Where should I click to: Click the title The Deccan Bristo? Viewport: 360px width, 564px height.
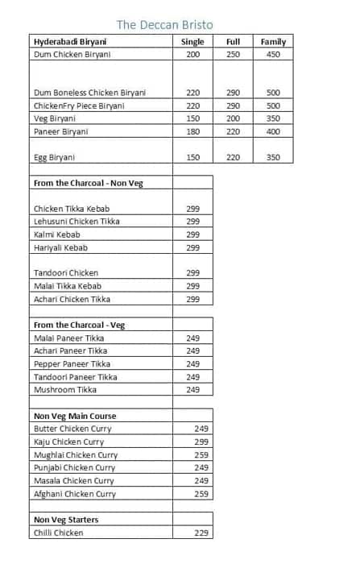tap(165, 25)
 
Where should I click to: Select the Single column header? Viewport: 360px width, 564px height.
tap(192, 41)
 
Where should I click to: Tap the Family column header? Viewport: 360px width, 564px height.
tap(273, 41)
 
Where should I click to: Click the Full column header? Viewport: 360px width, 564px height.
tap(233, 41)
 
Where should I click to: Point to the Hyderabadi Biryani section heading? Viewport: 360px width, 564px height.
tap(72, 41)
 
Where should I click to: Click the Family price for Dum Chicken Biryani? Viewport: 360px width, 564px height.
tap(273, 54)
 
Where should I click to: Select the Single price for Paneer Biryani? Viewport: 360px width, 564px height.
tap(192, 131)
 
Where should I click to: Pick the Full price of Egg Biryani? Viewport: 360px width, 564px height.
tap(233, 157)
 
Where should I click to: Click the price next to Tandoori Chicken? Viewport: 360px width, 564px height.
tap(192, 273)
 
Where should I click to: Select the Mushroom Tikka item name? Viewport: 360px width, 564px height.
tap(65, 390)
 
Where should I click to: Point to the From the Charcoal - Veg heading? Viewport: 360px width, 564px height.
tap(79, 325)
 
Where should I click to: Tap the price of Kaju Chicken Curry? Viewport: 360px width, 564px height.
tap(201, 442)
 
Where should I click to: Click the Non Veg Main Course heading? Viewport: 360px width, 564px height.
tap(75, 416)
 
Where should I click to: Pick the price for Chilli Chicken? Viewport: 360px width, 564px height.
tap(201, 533)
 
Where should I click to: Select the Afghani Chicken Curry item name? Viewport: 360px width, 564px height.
tap(75, 494)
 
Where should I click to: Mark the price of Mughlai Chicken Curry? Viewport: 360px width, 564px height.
tap(201, 454)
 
